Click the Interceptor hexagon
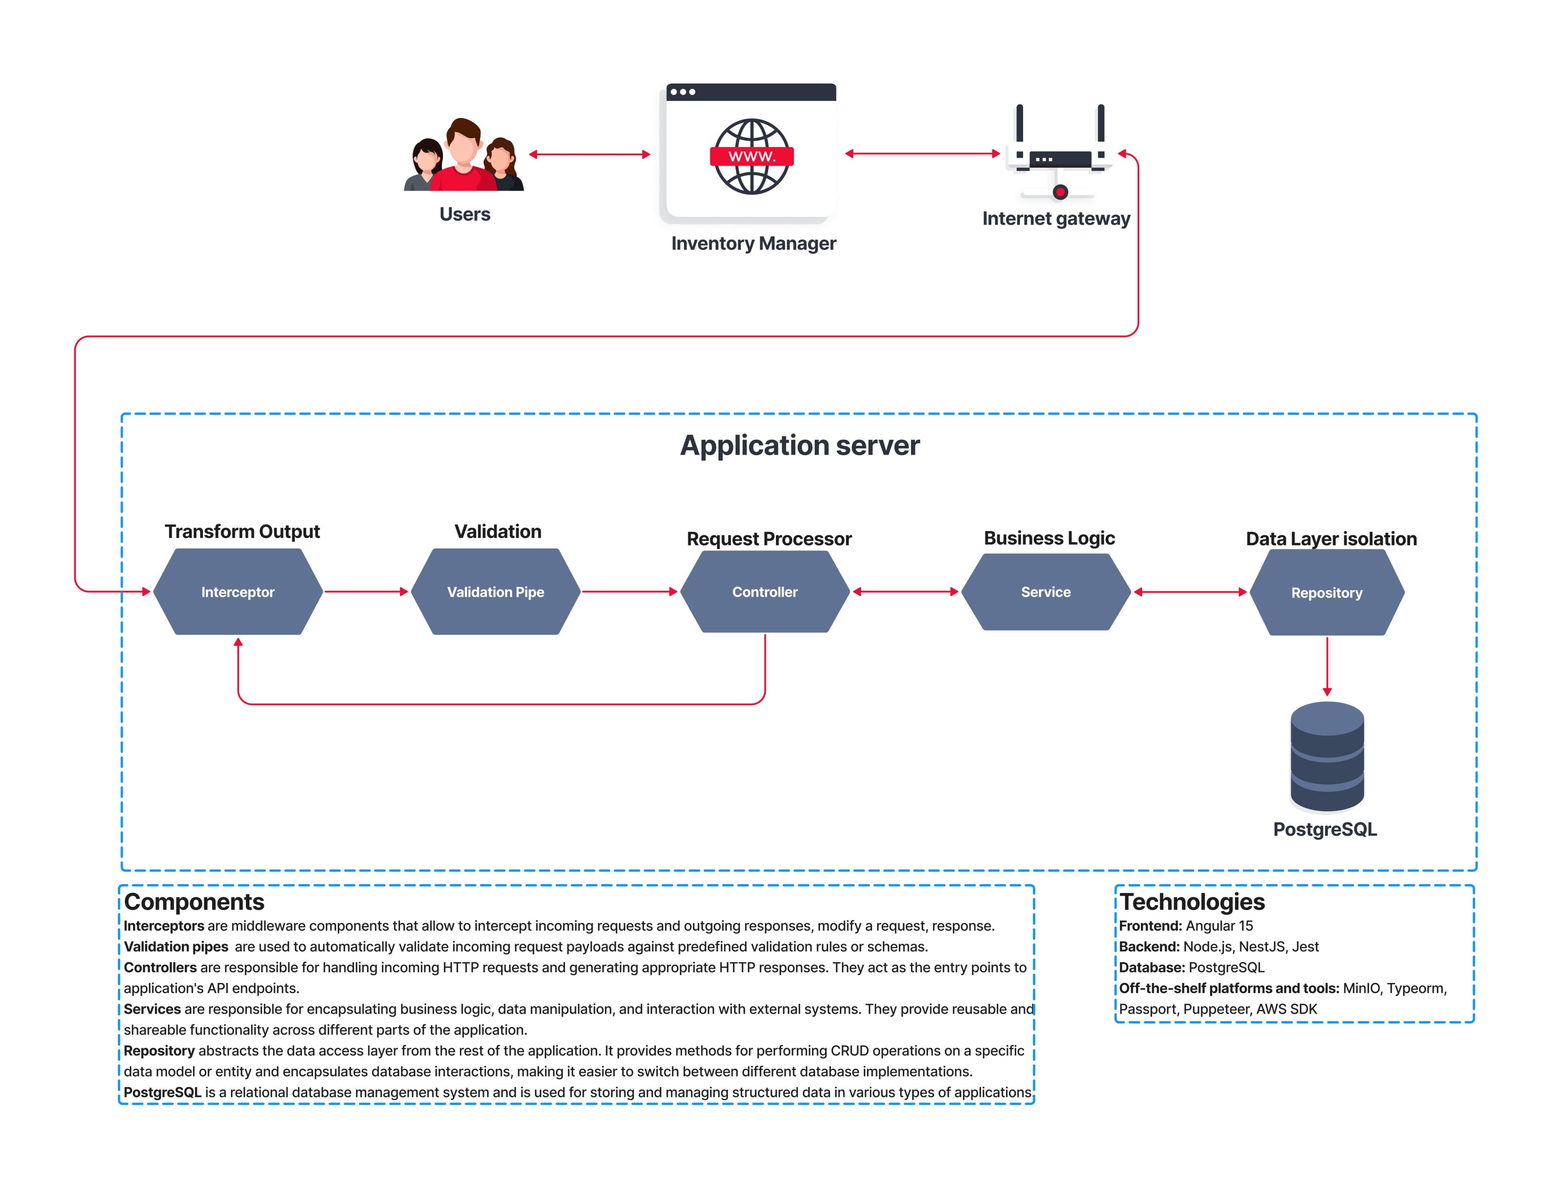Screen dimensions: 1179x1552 (238, 591)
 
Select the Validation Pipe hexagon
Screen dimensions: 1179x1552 (495, 591)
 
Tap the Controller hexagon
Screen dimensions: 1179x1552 (765, 591)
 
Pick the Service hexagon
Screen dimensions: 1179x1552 (1045, 591)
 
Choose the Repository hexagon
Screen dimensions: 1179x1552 (1327, 592)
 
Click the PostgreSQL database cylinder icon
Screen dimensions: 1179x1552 (1327, 756)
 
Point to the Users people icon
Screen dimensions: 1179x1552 (464, 155)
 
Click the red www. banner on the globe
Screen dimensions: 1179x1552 (752, 156)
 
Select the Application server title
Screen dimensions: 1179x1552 (799, 446)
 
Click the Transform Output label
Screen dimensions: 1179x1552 (242, 531)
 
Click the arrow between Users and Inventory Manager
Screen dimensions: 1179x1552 (589, 154)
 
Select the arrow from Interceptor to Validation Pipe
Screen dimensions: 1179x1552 (366, 591)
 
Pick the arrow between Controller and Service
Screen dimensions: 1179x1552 (905, 591)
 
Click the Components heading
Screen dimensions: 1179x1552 (194, 902)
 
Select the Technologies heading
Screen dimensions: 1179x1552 (1192, 902)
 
